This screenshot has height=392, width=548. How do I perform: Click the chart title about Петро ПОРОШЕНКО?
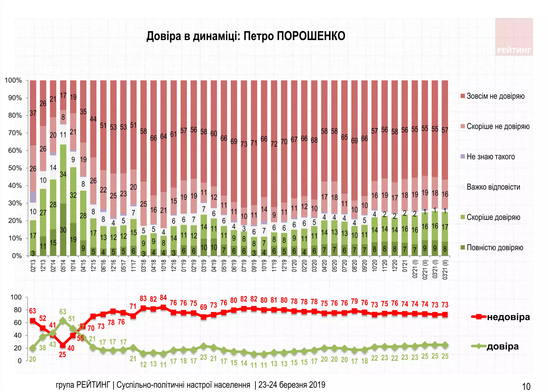click(246, 36)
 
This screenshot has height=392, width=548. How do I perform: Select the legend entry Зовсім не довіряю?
click(495, 96)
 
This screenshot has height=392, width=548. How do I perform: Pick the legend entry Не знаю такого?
click(490, 157)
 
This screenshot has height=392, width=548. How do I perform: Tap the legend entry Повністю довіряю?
click(494, 248)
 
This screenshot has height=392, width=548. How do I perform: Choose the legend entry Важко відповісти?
click(493, 187)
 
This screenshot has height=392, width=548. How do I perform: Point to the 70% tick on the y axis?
click(15, 133)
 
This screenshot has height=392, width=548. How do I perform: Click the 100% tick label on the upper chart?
click(13, 80)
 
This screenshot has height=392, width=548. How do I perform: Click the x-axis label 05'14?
click(63, 266)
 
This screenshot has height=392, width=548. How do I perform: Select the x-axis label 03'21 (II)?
click(445, 270)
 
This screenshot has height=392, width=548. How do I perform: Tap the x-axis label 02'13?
click(33, 266)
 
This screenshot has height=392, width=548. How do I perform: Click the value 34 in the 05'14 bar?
click(63, 174)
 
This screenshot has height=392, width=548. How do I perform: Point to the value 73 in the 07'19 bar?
click(244, 144)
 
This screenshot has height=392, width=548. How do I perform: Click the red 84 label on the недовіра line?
click(163, 298)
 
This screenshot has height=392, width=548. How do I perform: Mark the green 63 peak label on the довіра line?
click(63, 312)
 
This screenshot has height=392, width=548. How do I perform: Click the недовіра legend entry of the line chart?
click(508, 317)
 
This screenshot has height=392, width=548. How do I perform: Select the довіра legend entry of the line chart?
click(502, 346)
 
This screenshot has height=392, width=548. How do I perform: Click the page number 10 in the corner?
click(526, 387)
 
